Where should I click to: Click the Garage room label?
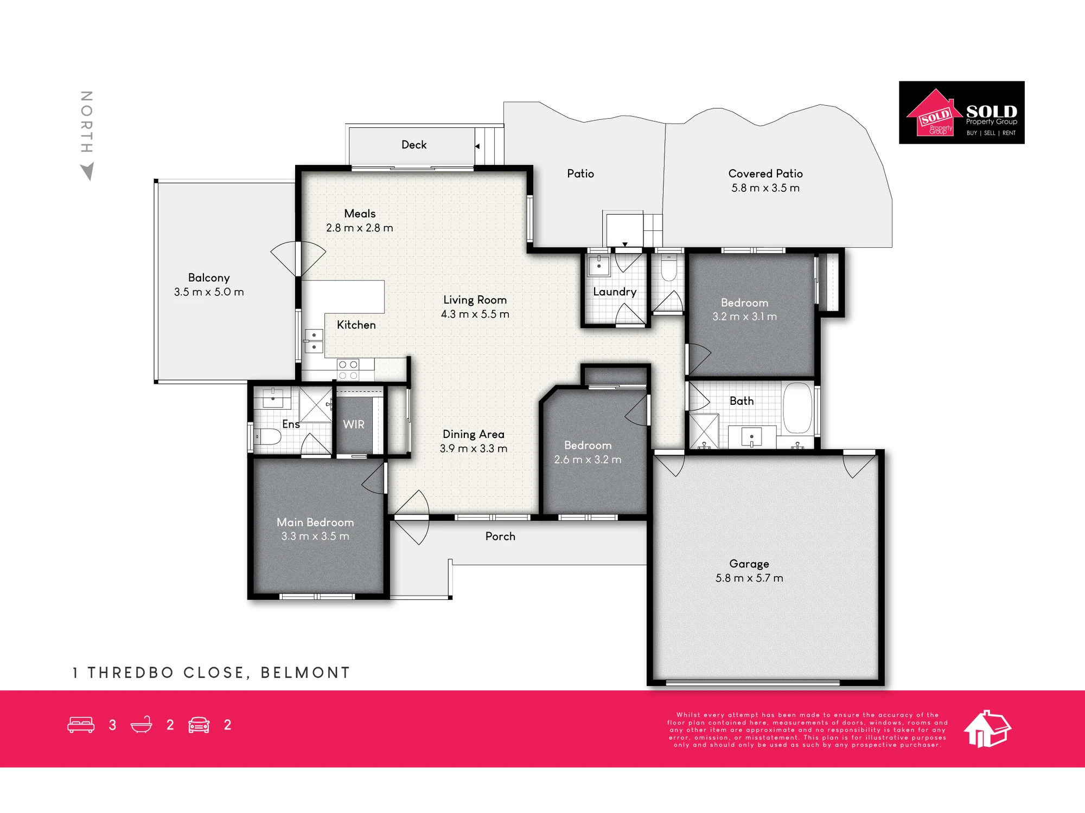[x=749, y=564]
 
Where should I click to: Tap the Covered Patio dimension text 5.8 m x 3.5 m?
[x=765, y=188]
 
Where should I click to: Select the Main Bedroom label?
[x=315, y=522]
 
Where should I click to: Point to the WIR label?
[x=354, y=424]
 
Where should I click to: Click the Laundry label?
[x=615, y=292]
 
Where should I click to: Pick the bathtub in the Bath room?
[x=797, y=408]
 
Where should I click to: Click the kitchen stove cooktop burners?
[x=348, y=370]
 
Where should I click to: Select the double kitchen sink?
[x=314, y=341]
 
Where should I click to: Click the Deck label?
[x=414, y=145]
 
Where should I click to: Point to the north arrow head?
[x=87, y=171]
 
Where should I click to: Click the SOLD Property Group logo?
[x=961, y=112]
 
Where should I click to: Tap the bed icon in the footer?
[x=81, y=725]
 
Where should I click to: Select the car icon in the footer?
[x=199, y=725]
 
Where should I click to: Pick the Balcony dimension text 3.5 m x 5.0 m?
[x=209, y=292]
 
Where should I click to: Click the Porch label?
[x=500, y=536]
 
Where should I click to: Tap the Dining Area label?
[x=474, y=434]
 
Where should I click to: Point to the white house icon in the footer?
[x=987, y=729]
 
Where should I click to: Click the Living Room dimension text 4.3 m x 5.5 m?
[x=475, y=314]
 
